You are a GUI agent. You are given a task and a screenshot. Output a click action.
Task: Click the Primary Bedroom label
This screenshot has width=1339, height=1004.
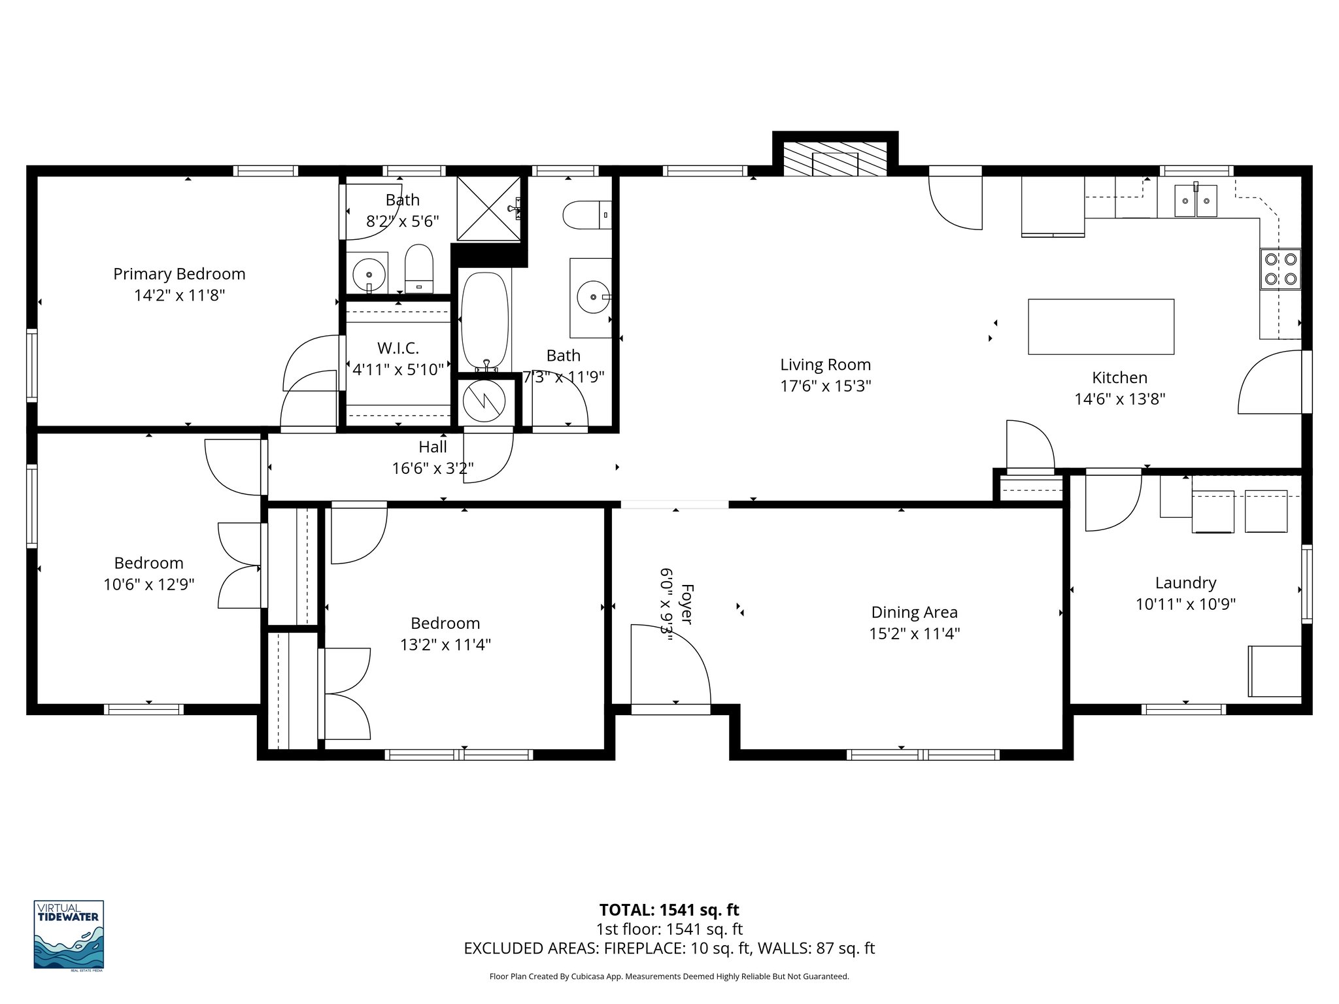click(x=179, y=274)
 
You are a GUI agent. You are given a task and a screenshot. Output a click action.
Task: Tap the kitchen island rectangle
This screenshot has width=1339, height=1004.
click(x=1100, y=327)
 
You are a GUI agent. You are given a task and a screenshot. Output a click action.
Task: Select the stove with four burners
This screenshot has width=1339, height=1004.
click(x=1280, y=269)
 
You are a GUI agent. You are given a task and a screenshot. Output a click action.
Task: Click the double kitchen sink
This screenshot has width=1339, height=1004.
click(x=1195, y=201)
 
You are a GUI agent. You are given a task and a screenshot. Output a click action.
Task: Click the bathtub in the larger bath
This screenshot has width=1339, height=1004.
click(x=484, y=320)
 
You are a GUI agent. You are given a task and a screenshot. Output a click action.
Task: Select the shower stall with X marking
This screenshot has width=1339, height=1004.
click(x=488, y=208)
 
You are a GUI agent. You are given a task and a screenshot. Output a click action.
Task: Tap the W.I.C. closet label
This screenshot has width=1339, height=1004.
click(x=398, y=348)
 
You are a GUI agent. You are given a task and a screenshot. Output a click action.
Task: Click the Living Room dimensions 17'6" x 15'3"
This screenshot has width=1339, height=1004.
click(x=825, y=386)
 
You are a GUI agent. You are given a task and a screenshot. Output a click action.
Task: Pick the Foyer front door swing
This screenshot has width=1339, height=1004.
click(x=669, y=663)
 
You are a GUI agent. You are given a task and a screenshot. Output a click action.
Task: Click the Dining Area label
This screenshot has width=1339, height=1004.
click(x=914, y=612)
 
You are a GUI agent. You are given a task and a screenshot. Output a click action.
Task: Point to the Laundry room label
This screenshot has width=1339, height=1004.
click(x=1185, y=582)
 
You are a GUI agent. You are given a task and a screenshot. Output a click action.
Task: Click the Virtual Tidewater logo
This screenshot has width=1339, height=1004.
click(x=69, y=935)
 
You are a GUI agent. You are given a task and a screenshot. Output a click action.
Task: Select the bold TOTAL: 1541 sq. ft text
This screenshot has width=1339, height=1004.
click(x=669, y=910)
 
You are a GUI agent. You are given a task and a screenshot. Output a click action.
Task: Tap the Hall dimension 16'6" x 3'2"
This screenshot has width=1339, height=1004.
click(x=432, y=468)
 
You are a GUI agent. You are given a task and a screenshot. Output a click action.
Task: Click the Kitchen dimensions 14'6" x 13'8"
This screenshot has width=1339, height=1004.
click(x=1119, y=399)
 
